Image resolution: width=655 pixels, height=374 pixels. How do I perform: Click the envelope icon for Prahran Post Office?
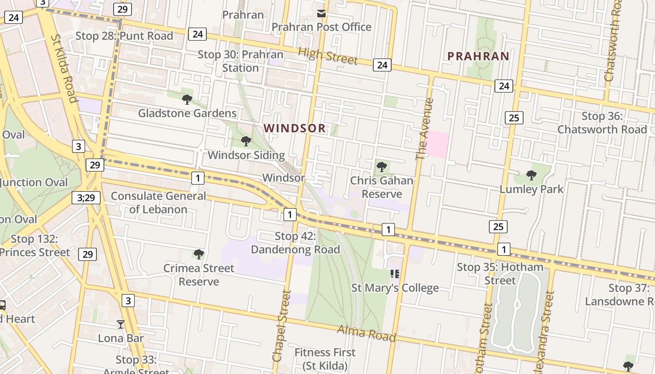click(321, 14)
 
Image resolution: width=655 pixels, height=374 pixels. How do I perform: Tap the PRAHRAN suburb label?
click(478, 56)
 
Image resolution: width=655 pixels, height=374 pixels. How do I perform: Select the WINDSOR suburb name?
click(294, 128)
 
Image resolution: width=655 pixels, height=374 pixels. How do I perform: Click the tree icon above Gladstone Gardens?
click(187, 99)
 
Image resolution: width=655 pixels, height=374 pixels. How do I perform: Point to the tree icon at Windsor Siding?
click(246, 141)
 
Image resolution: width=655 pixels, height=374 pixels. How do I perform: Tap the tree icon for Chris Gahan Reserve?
click(382, 166)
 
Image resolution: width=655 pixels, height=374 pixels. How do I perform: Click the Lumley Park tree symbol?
click(531, 175)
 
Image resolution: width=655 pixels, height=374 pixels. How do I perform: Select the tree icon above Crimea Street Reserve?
click(199, 254)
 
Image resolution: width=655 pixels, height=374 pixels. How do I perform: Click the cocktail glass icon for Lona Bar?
click(121, 324)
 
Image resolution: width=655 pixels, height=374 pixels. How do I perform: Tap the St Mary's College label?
click(395, 288)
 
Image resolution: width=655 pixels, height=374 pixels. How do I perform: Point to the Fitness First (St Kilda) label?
click(325, 359)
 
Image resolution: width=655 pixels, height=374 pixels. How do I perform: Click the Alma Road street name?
click(366, 334)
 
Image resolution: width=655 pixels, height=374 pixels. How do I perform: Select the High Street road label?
click(327, 56)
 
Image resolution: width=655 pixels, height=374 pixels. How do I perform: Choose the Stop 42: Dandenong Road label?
click(295, 243)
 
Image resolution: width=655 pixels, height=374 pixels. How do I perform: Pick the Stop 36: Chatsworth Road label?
click(602, 122)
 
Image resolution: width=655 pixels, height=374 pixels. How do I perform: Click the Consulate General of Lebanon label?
click(158, 202)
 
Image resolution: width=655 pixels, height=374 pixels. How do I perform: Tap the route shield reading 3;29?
click(86, 198)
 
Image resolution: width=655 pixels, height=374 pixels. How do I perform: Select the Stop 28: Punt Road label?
click(124, 36)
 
